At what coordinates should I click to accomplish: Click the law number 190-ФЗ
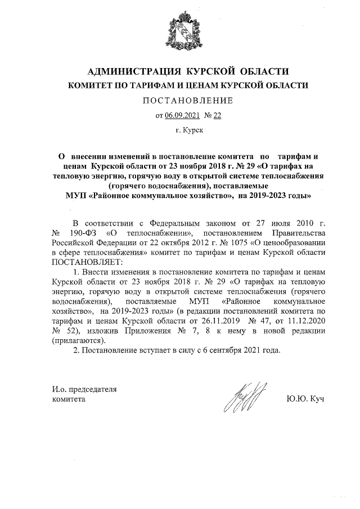82,232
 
